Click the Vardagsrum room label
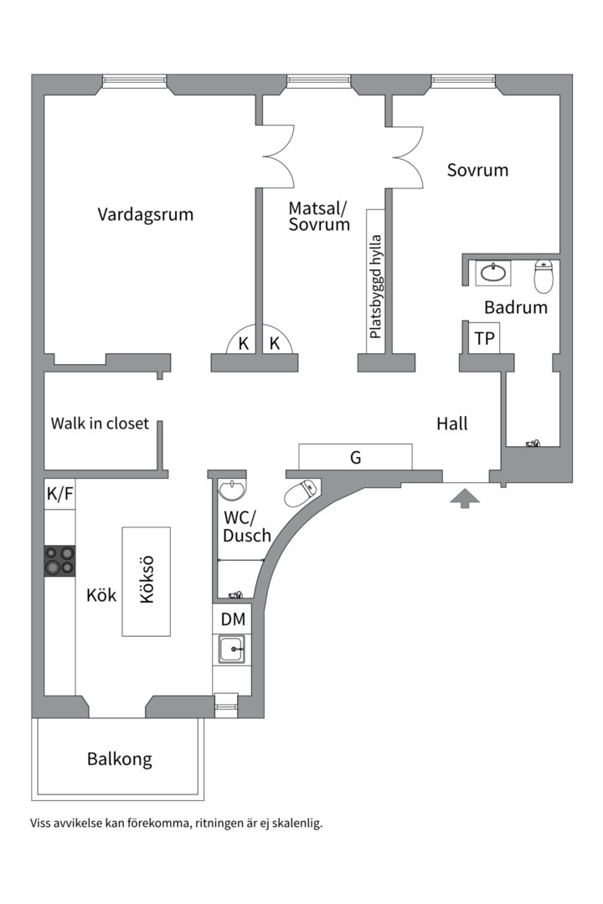point(145,214)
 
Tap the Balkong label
point(120,760)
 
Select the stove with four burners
point(59,560)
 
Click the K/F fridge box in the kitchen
point(59,495)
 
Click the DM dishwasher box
point(233,619)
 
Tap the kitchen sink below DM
point(232,649)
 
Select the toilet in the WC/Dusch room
point(301,493)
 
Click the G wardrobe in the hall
point(355,457)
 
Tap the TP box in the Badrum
point(484,338)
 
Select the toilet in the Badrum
point(544,276)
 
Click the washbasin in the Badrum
point(493,272)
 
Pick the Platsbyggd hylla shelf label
point(375,285)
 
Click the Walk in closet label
point(100,423)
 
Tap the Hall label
point(452,424)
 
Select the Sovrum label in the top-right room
point(477,170)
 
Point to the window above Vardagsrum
point(135,81)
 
